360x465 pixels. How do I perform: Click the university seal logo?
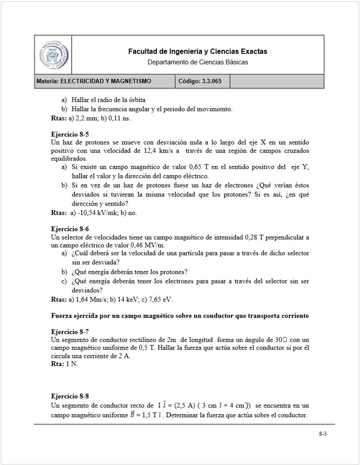point(53,55)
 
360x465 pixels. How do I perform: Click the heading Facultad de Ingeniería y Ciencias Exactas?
point(198,52)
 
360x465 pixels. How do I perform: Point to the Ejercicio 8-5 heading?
point(70,134)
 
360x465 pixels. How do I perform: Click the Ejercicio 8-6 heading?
point(70,229)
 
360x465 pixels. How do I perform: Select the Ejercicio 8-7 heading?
point(70,331)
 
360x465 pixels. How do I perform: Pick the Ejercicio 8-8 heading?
point(70,397)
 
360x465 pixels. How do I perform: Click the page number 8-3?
point(323,434)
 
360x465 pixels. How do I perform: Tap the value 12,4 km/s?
point(159,151)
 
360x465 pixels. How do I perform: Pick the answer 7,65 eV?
point(159,299)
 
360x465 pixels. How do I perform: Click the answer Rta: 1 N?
point(64,364)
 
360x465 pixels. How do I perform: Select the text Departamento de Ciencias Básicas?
point(198,62)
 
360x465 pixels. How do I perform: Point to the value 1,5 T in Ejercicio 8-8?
point(148,415)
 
